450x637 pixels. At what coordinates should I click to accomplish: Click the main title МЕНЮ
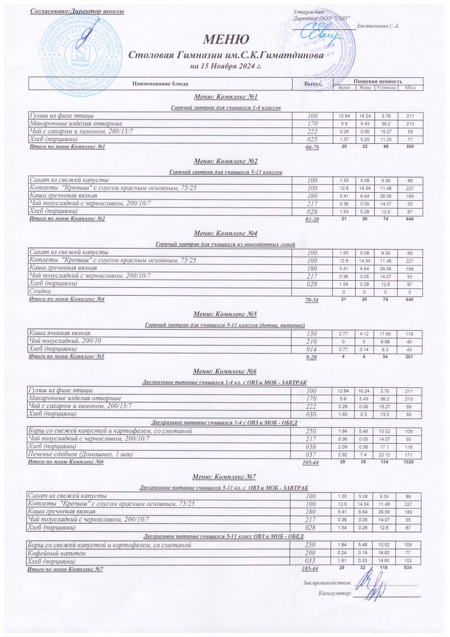click(x=225, y=39)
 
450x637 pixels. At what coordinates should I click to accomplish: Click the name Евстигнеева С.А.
click(x=378, y=25)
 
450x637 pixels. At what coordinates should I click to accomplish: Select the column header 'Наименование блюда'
click(x=160, y=83)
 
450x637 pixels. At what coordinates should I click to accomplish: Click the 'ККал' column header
click(x=410, y=88)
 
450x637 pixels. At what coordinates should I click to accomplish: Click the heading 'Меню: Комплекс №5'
click(x=225, y=314)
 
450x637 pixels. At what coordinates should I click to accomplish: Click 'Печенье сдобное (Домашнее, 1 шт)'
click(x=80, y=455)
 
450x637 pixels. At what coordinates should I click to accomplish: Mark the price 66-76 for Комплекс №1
click(x=312, y=147)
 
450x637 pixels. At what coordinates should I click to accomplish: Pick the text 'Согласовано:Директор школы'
click(x=76, y=11)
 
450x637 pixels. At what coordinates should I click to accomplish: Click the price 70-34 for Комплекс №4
click(x=312, y=300)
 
